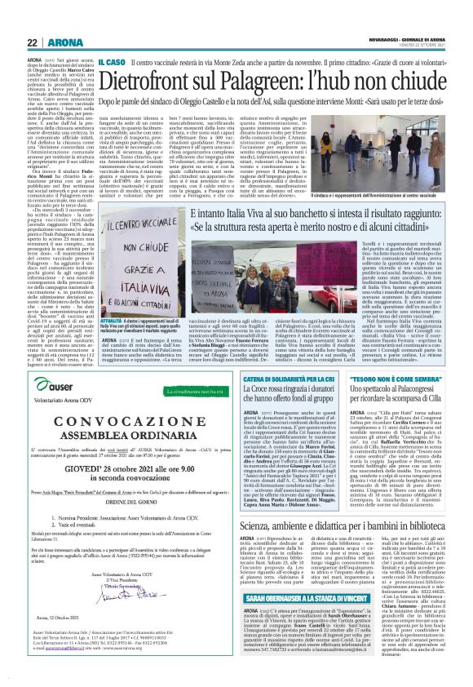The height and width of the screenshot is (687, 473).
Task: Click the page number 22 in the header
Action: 11,19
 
